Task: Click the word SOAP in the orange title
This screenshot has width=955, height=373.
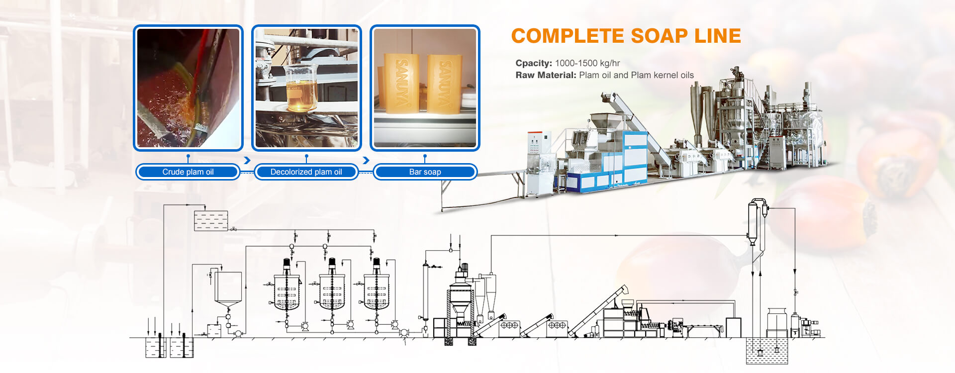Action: point(659,36)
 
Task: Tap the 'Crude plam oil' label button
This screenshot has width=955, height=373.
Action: point(188,172)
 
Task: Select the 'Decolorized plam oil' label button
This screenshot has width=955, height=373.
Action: point(306,172)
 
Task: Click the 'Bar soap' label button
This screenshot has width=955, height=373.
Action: point(425,172)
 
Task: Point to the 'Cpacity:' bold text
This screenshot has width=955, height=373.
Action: point(534,63)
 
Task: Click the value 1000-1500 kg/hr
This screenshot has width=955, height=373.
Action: point(587,63)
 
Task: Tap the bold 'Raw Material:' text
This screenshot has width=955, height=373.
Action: point(546,75)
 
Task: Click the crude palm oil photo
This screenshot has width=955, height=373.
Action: point(188,88)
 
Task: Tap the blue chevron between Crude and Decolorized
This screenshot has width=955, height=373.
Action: point(247,160)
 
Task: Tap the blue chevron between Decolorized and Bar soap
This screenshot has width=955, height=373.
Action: point(366,160)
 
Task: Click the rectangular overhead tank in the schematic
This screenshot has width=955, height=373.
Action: point(211,220)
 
